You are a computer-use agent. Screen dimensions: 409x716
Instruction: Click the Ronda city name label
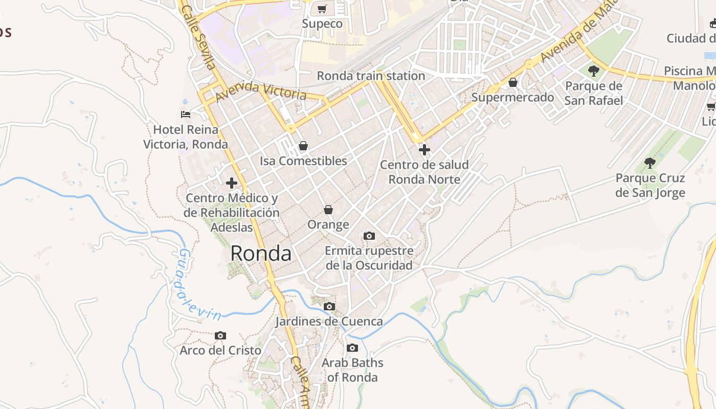click(261, 253)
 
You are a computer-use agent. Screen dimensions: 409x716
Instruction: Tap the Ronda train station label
click(371, 76)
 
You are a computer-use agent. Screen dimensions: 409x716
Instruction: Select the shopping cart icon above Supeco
click(322, 9)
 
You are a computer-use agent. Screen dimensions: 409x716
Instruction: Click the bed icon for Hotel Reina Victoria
click(186, 114)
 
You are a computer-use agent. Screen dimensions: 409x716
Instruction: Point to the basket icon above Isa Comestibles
click(303, 146)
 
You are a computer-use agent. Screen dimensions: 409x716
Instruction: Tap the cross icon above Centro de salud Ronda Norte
click(424, 150)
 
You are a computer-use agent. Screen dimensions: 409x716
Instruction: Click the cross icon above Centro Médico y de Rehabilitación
click(232, 183)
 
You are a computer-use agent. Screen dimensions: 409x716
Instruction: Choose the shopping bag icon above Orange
click(328, 210)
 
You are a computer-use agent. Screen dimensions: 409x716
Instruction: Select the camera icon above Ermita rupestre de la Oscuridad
click(369, 236)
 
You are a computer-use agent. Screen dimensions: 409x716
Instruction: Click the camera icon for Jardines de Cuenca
click(329, 306)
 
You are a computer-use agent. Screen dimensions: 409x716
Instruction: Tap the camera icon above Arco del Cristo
click(220, 335)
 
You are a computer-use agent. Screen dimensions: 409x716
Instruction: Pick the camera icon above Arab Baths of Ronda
click(352, 348)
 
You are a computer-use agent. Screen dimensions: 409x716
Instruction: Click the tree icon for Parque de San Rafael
click(593, 71)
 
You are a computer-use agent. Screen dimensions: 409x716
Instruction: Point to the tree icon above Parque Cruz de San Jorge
click(650, 163)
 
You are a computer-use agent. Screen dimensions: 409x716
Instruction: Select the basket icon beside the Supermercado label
click(513, 82)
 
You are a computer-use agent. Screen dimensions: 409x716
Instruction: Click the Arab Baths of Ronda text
click(352, 370)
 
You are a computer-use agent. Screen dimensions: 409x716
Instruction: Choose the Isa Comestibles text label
click(303, 161)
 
